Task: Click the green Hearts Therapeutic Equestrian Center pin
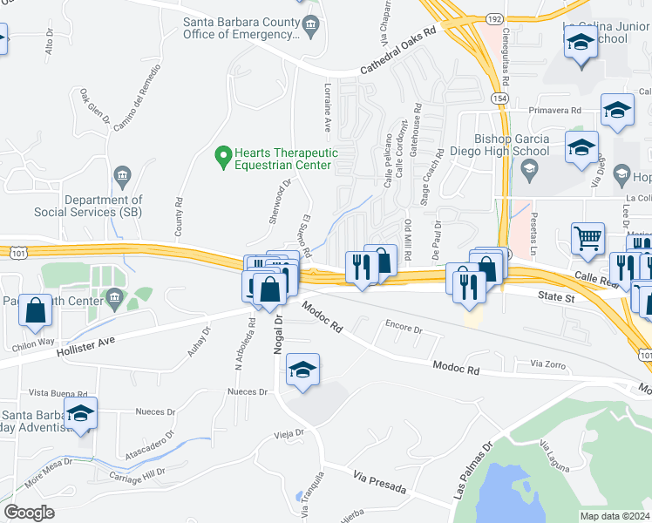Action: pos(223,157)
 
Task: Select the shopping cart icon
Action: pos(588,236)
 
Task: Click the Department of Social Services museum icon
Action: pos(122,178)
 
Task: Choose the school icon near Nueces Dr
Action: pos(302,370)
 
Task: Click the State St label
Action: pos(558,298)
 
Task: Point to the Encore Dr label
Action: pos(404,329)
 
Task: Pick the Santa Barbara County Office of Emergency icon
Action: pos(309,30)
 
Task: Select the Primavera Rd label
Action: pos(555,111)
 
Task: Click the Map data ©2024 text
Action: pos(615,516)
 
